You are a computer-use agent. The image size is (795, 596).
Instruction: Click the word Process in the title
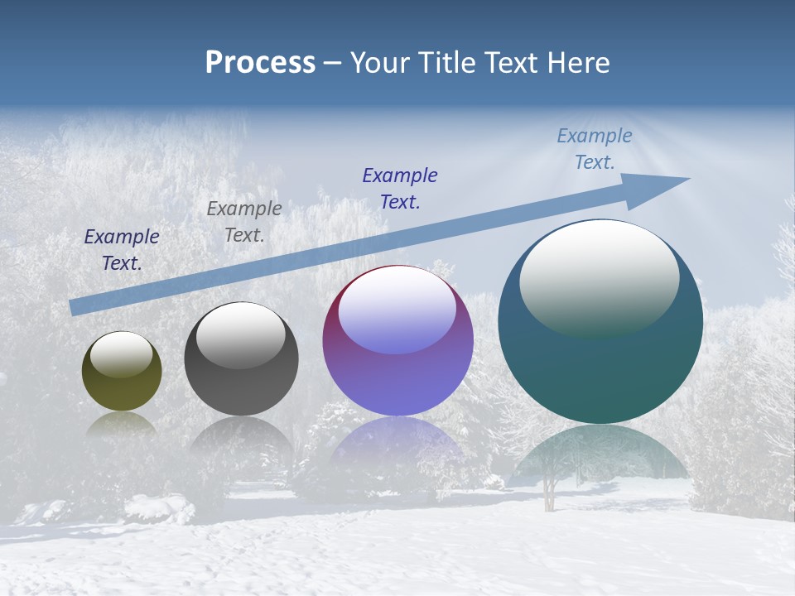pyautogui.click(x=260, y=63)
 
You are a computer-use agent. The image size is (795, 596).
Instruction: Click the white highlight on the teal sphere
pyautogui.click(x=599, y=277)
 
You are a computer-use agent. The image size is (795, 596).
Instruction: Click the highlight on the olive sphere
pyautogui.click(x=121, y=354)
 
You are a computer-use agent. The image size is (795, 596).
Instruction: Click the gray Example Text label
pyautogui.click(x=243, y=222)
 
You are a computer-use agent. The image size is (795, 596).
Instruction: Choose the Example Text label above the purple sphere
pyautogui.click(x=399, y=188)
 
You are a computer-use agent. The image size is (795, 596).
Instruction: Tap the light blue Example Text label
pyautogui.click(x=594, y=149)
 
